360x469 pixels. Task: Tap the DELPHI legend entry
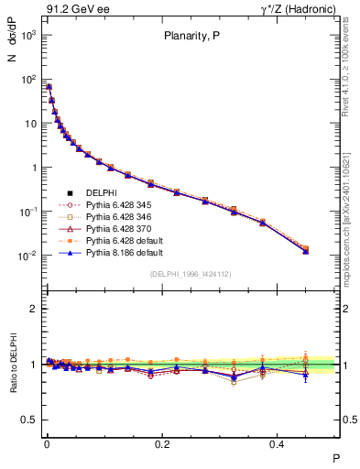tap(100, 192)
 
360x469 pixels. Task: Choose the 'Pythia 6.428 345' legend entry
tap(115, 204)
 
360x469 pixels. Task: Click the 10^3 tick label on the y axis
tap(29, 35)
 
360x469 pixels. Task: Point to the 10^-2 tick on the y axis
tap(29, 256)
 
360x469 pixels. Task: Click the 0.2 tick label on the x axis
tap(163, 443)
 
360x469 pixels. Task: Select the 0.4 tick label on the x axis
tap(279, 443)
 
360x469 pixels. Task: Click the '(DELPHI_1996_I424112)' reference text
tap(191, 273)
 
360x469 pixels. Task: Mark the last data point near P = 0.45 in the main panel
tap(305, 249)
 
